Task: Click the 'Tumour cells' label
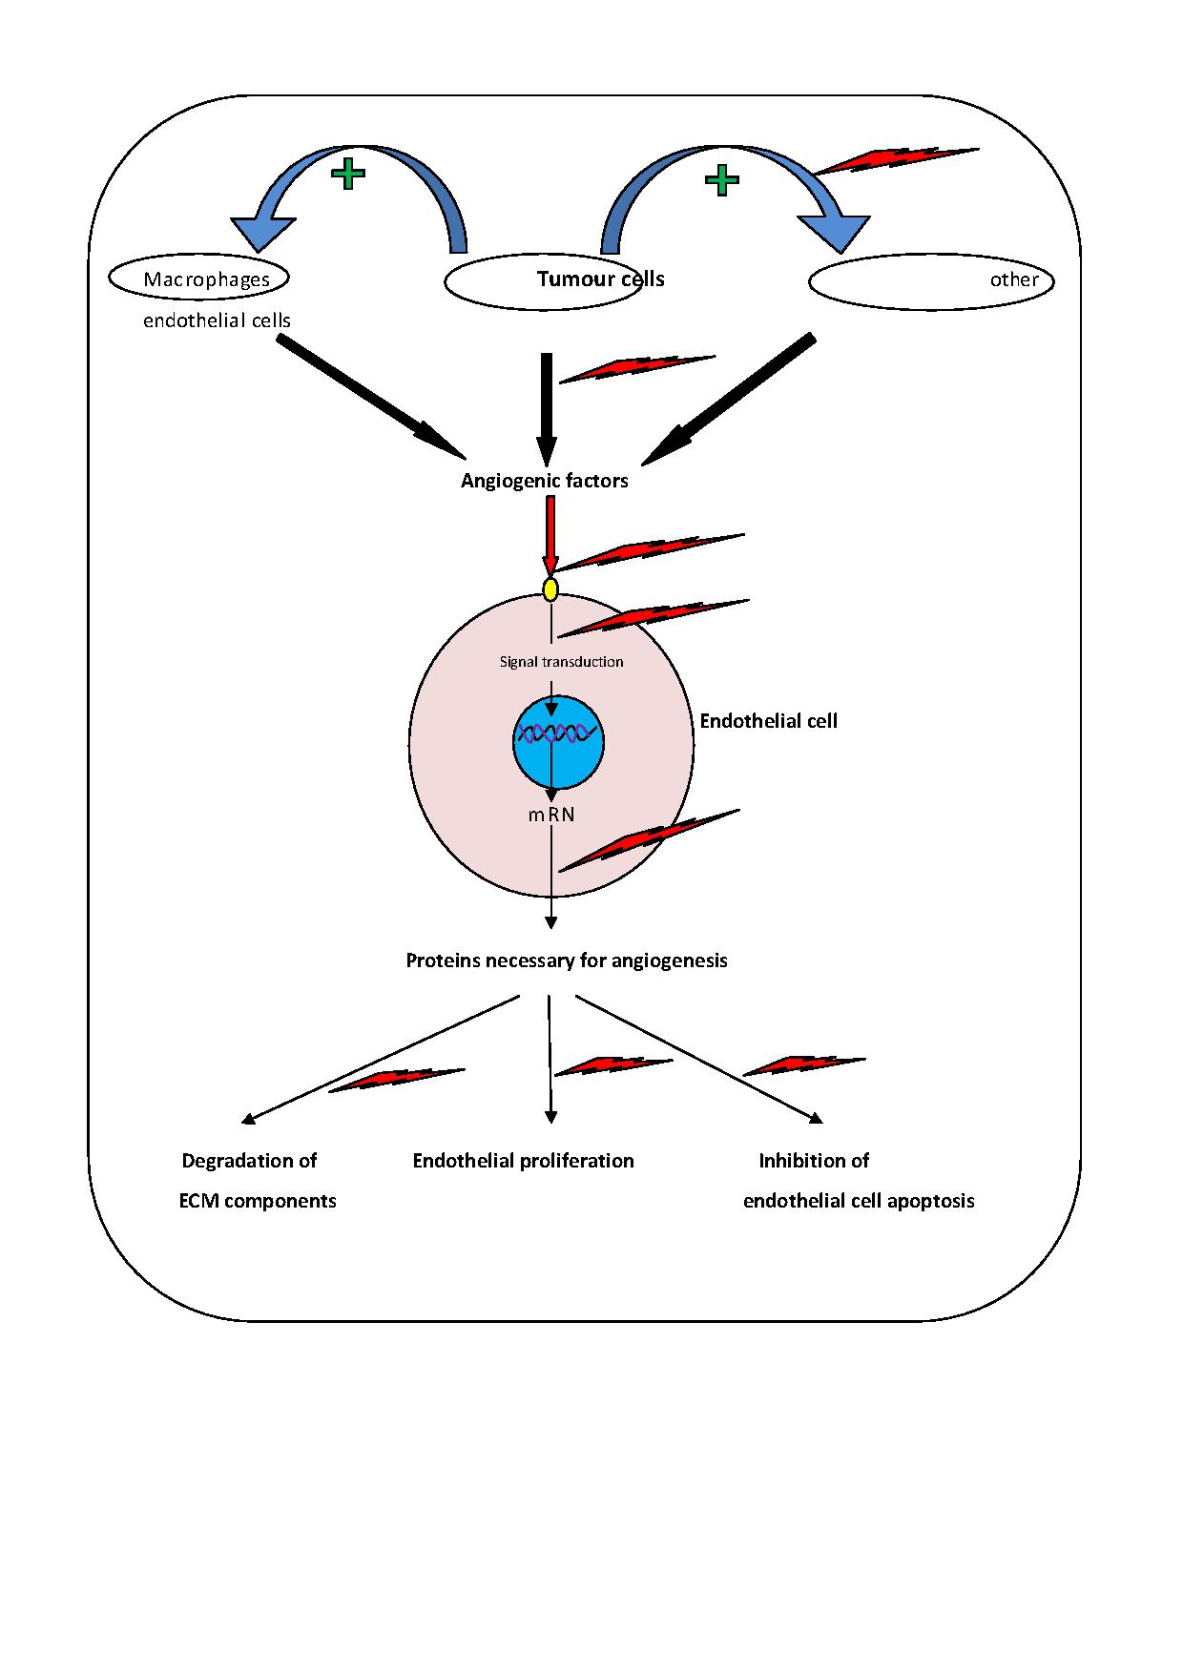600,279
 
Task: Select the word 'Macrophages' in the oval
206,279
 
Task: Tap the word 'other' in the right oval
1013,279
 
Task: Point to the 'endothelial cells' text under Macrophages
217,320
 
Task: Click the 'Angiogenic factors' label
544,481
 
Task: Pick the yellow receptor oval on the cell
550,589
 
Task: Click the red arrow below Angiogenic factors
550,534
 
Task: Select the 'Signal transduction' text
561,662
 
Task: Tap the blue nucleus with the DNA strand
558,742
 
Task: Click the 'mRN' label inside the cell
551,816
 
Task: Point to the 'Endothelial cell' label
768,721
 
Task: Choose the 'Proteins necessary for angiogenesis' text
567,960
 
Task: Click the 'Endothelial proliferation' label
523,1161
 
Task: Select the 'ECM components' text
258,1201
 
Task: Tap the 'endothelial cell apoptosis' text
859,1201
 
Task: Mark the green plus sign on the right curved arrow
721,179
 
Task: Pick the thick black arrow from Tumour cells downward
547,405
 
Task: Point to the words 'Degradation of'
249,1161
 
